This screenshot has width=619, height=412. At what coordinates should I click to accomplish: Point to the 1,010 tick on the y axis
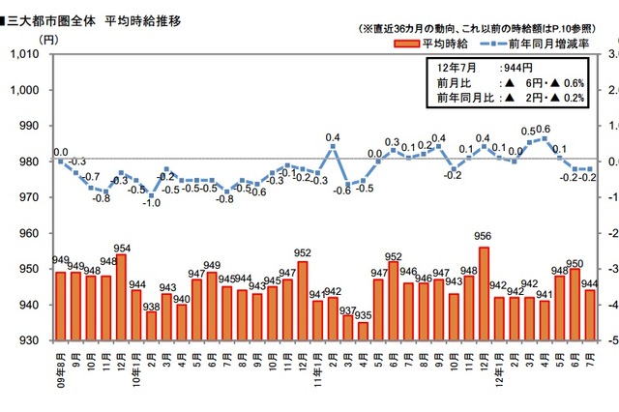pyautogui.click(x=23, y=54)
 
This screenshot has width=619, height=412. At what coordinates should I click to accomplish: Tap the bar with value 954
pyautogui.click(x=121, y=297)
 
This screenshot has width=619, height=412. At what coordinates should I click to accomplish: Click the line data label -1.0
pyautogui.click(x=151, y=202)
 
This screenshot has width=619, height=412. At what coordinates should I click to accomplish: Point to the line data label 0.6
pyautogui.click(x=543, y=130)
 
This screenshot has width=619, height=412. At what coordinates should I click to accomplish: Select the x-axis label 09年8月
pyautogui.click(x=60, y=370)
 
